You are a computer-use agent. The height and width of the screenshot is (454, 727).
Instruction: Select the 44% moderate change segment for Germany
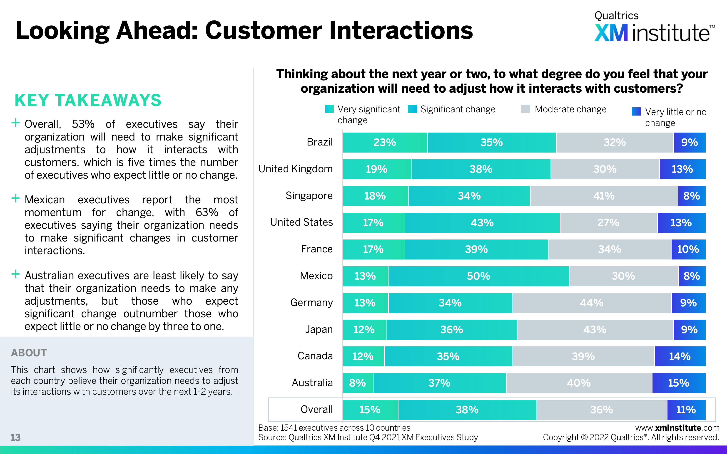592,303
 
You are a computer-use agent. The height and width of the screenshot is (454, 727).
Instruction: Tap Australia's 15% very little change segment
679,383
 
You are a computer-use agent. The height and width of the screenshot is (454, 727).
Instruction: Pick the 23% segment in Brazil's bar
385,142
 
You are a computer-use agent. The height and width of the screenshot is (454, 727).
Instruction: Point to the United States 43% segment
482,223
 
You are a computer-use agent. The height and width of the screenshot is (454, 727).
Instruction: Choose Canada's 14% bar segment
680,356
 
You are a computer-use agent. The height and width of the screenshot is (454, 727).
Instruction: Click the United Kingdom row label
295,169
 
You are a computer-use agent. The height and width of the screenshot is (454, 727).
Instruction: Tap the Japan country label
319,329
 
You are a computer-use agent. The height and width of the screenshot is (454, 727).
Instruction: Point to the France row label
317,249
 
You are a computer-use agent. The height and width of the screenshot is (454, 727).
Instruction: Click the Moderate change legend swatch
526,109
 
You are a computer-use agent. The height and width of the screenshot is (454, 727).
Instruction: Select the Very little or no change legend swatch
636,112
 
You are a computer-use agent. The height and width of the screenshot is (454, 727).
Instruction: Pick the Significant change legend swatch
413,109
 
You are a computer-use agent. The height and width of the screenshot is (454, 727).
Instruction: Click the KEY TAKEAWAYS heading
88,100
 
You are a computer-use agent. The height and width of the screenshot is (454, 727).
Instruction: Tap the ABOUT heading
29,353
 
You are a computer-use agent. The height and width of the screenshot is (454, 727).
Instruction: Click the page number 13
16,437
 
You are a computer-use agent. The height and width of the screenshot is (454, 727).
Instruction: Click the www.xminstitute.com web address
677,428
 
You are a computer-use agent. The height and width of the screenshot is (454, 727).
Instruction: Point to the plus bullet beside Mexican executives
15,198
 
